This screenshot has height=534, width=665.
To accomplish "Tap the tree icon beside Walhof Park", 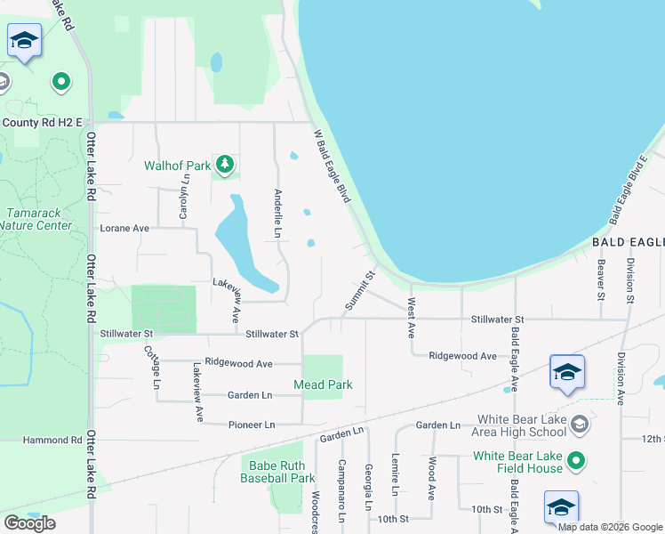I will tap(226, 164).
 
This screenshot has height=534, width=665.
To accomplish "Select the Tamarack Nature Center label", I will tap(36, 219).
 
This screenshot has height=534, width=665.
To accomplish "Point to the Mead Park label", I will tap(323, 384).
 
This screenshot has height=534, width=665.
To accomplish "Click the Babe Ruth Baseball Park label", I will tap(277, 472).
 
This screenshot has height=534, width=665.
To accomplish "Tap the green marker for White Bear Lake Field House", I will tap(576, 460).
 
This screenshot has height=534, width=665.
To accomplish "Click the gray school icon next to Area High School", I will tap(580, 425).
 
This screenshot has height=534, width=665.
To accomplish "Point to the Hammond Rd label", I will tap(41, 440).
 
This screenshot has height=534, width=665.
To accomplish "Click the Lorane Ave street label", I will tap(124, 228).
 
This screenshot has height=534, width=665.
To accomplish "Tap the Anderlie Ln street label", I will tap(278, 214).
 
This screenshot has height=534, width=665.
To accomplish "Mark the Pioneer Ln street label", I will tap(251, 425).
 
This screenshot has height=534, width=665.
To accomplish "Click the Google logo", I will tap(29, 523).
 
